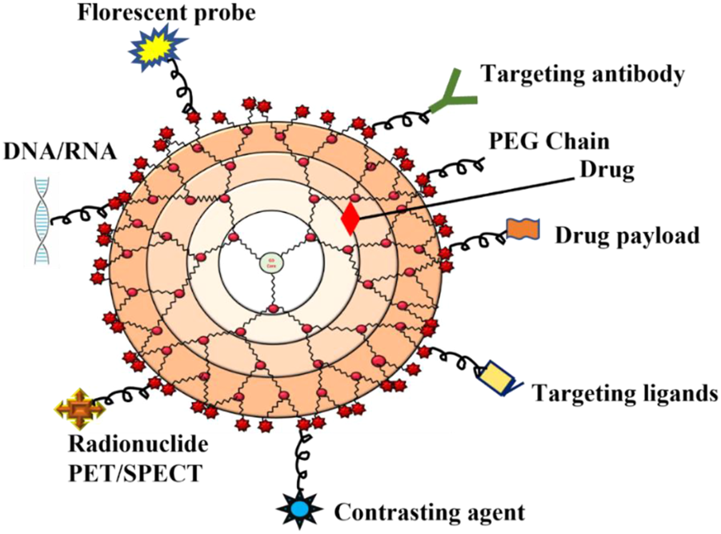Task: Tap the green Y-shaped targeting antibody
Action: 452,94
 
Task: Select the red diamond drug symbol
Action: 350,219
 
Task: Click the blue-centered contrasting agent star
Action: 299,508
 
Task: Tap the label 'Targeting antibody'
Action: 583,74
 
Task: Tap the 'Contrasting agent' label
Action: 429,511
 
